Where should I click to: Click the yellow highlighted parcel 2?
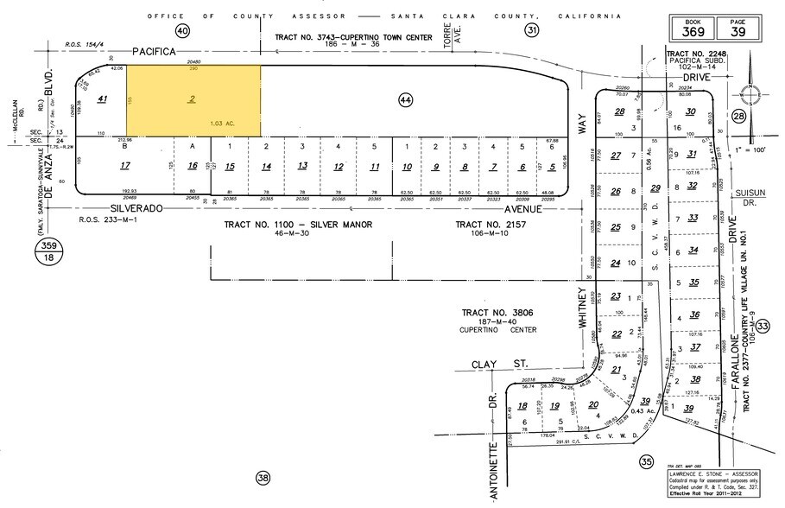193,100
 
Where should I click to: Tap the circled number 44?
405,100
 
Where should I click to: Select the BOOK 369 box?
693,28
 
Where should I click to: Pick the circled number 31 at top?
532,31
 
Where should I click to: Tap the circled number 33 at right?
763,327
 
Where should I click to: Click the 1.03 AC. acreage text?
223,124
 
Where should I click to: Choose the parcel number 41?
102,99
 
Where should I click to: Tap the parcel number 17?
125,165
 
